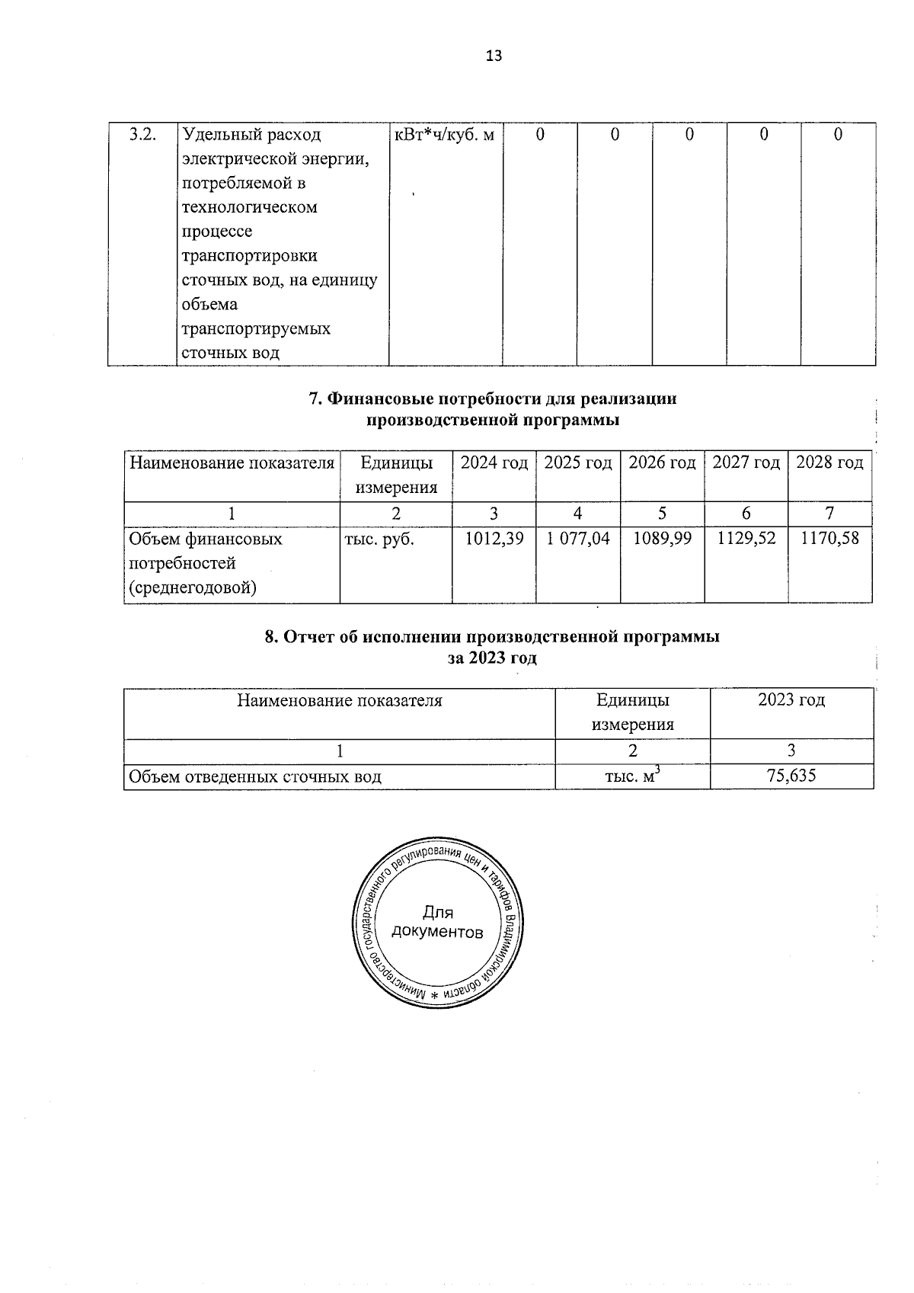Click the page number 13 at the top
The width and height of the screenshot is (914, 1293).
[x=494, y=56]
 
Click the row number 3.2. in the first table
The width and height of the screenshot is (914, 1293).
[x=143, y=135]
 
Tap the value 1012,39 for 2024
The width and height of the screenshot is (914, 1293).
[x=494, y=539]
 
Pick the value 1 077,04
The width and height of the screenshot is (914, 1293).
[x=578, y=539]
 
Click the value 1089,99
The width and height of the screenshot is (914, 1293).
[x=663, y=539]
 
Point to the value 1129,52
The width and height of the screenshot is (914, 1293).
[x=746, y=539]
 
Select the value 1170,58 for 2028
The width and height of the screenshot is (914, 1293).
[x=829, y=539]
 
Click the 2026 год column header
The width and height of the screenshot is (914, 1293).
[x=663, y=462]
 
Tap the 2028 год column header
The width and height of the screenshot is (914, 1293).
[x=829, y=462]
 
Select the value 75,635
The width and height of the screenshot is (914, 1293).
[x=791, y=776]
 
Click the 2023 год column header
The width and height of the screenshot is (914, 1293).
[x=791, y=699]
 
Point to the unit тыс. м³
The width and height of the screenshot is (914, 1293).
[x=631, y=776]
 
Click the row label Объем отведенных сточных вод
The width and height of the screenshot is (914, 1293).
[x=255, y=776]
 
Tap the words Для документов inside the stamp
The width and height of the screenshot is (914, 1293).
[x=437, y=923]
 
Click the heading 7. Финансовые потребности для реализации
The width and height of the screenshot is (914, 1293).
[x=493, y=398]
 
